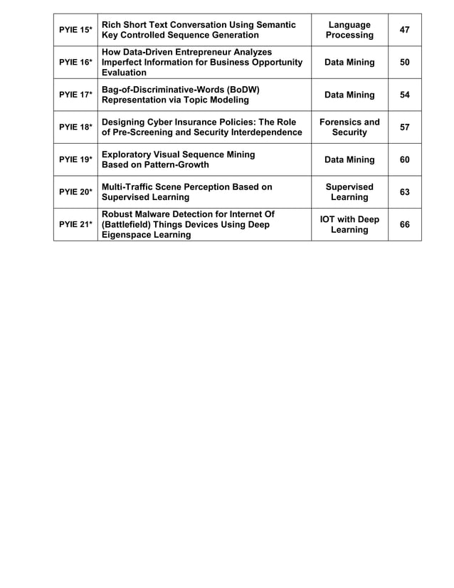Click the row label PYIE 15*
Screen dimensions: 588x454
[x=75, y=30]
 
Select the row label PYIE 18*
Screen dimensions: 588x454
[x=75, y=127]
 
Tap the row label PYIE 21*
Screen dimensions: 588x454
[x=75, y=224]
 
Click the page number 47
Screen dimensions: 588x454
[x=405, y=30]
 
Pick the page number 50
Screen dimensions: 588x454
[x=405, y=63]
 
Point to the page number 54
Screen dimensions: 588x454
[x=405, y=95]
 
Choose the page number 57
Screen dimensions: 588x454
[x=405, y=127]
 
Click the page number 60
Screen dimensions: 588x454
[x=405, y=159]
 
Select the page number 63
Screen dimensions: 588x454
[x=405, y=192]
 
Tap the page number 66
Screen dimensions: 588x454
[x=405, y=224]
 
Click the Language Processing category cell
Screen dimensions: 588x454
[x=349, y=30]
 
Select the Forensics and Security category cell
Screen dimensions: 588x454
[x=349, y=127]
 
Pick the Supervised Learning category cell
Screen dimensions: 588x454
[x=349, y=192]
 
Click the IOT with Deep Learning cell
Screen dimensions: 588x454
[x=349, y=224]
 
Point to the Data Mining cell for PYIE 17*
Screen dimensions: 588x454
[x=349, y=95]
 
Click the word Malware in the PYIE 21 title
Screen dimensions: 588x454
[x=158, y=214]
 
